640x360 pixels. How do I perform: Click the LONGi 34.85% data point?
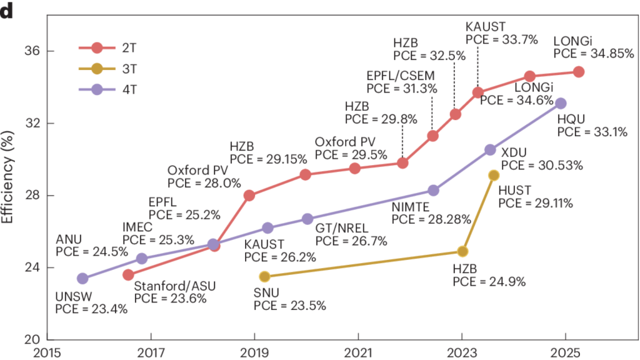pos(578,72)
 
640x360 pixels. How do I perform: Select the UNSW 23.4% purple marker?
pos(82,278)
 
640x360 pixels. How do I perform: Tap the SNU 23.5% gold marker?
pos(264,276)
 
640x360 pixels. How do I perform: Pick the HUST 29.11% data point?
pos(494,176)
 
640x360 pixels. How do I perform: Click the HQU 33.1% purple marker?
pos(561,103)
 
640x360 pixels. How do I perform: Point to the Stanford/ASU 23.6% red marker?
pos(128,275)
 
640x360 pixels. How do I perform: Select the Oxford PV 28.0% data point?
pos(249,196)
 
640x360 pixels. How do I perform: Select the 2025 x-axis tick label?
pos(565,353)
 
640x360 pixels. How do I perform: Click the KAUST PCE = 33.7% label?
pos(493,33)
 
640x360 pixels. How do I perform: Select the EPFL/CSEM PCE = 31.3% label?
pos(401,82)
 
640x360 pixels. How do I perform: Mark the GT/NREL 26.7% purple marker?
pos(307,219)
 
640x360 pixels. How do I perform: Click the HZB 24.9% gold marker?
pos(462,251)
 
